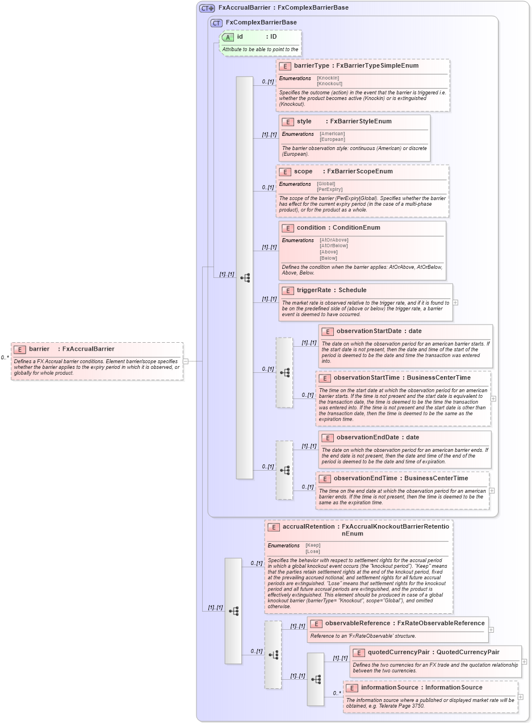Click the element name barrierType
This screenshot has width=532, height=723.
(311, 66)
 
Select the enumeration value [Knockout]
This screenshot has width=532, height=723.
(329, 84)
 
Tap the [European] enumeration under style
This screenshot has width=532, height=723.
(332, 139)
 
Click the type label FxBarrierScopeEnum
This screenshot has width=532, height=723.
(359, 172)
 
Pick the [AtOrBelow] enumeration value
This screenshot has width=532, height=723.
(334, 246)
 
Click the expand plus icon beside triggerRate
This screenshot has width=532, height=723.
(455, 302)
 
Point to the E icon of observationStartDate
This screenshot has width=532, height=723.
(327, 331)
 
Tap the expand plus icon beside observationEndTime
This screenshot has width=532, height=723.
(492, 491)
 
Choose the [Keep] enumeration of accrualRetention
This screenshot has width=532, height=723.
(313, 545)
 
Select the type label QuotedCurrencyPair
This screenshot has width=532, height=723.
(467, 653)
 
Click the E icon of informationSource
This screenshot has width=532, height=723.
(352, 688)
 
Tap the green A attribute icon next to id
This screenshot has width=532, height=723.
(228, 37)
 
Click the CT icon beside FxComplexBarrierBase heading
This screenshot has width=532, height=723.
(216, 23)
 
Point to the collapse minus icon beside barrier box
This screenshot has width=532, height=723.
(186, 361)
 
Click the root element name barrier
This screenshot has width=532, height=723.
(39, 349)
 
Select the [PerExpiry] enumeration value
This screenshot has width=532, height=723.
(329, 189)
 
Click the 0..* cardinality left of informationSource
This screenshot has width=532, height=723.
(337, 693)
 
